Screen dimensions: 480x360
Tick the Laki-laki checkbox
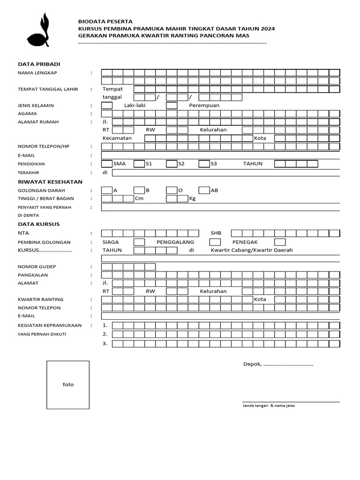tap(107, 105)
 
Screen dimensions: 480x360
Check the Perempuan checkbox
tap(172, 105)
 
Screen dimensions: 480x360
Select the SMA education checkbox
tap(107, 164)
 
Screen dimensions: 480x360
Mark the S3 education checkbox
tap(203, 164)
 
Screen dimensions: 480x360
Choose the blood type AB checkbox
tap(203, 190)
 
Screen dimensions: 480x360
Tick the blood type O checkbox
tap(172, 190)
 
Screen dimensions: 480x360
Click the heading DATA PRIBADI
tap(39, 64)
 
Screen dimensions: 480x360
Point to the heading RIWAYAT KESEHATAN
tap(50, 181)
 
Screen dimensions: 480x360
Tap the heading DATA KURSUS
tap(39, 224)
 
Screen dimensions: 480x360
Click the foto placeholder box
tap(68, 384)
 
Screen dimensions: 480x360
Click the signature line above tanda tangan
tap(291, 402)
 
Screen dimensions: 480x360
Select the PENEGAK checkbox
tap(280, 242)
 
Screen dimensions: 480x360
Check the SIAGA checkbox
tap(139, 242)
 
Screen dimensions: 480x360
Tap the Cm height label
tap(139, 199)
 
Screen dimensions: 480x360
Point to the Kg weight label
tap(192, 199)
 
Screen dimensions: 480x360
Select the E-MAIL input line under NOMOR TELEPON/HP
tap(220, 155)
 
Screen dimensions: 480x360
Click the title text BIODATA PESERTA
tap(105, 22)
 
